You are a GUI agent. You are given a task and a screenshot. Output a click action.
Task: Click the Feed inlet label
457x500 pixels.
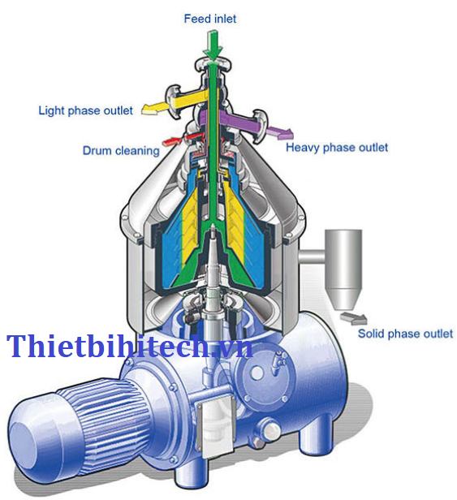210,19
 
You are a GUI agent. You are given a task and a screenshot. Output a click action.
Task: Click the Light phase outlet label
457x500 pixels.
85,110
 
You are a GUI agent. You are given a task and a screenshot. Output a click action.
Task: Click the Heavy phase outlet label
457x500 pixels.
337,148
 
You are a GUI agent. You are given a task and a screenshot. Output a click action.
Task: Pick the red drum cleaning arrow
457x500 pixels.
171,141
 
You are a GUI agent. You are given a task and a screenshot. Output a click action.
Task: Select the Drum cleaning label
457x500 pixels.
121,150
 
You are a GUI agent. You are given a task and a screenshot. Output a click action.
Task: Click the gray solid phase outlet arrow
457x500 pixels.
354,317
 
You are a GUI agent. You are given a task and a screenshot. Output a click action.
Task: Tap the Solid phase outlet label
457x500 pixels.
405,334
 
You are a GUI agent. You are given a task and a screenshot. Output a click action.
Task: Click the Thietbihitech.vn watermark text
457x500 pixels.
129,346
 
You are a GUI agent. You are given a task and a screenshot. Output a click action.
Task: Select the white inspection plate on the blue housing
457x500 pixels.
216,424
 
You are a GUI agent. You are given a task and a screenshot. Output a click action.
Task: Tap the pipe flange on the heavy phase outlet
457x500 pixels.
261,125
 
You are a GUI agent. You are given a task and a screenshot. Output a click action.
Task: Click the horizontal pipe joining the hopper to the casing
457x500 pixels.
313,256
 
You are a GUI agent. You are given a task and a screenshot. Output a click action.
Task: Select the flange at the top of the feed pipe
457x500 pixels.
213,63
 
